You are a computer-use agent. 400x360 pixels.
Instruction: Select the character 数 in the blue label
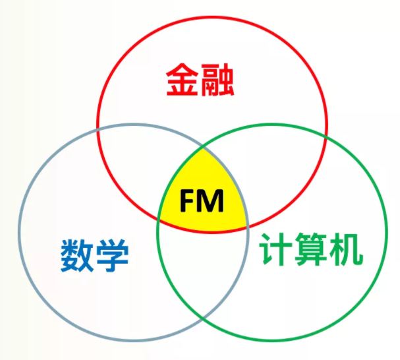[x=79, y=255]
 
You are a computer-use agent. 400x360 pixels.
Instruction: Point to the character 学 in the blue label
[x=112, y=255]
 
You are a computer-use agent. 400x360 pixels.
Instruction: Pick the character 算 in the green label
[x=310, y=249]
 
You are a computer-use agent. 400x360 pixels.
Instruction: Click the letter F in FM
[x=189, y=201]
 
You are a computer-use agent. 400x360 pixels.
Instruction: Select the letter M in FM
[x=212, y=201]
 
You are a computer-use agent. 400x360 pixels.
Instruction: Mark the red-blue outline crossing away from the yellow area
[x=98, y=129]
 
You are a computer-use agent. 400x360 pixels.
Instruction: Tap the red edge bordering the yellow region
[x=203, y=233]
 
